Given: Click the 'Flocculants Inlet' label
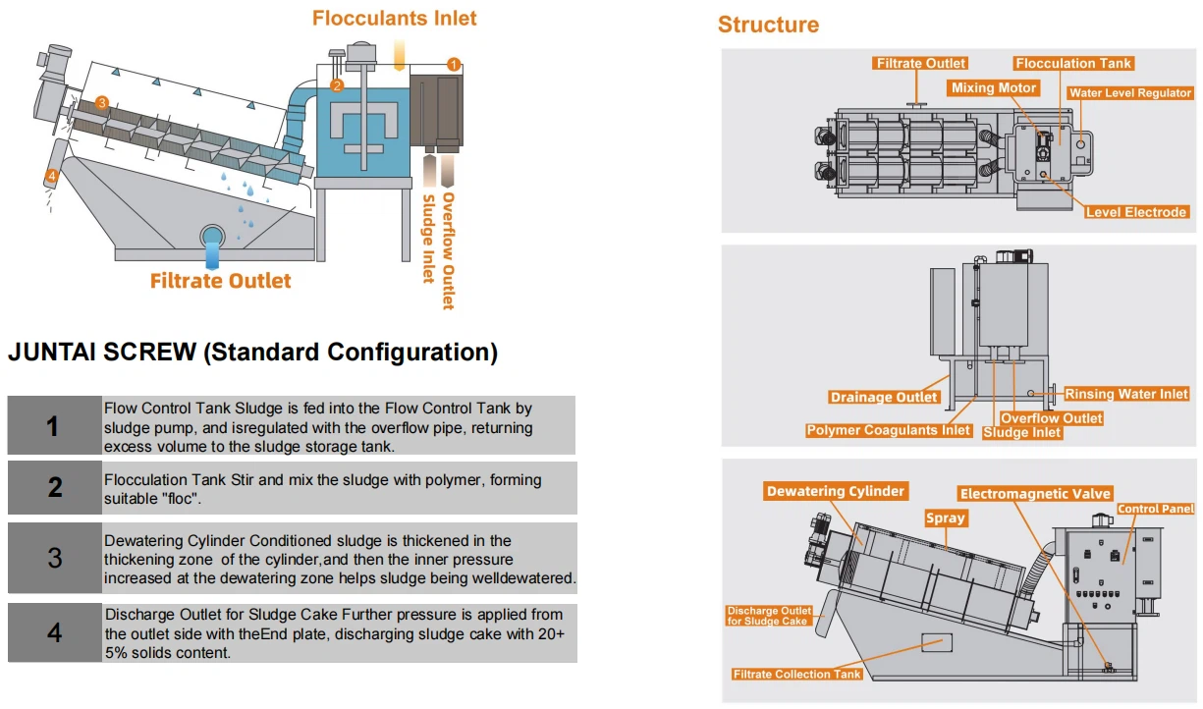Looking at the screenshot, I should coord(394,18).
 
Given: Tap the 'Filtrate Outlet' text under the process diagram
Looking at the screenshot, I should coord(220,281).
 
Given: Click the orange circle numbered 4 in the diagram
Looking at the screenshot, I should coord(51,177).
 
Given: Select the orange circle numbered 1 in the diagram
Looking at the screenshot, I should coord(453,64).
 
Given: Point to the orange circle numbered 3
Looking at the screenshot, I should coord(101,102).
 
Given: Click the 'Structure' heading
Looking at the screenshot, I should coord(768,25).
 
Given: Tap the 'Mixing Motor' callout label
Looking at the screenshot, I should coord(994,88).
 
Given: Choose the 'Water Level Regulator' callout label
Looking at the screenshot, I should coord(1130,93).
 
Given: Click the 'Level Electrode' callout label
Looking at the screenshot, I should coord(1136,212).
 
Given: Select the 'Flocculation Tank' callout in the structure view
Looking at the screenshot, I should coord(1073,64).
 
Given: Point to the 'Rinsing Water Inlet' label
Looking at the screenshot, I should coord(1126,394).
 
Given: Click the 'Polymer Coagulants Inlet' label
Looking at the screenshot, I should coord(889,430).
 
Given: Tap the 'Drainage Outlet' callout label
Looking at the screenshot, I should coord(884,398).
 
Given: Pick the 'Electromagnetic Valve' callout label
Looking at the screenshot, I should coord(1035,494).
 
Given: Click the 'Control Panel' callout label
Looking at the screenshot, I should coord(1156,509).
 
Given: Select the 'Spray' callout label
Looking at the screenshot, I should coord(946,518).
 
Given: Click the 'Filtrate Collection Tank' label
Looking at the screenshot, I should coord(797,675).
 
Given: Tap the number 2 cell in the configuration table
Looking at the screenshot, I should coord(55,487).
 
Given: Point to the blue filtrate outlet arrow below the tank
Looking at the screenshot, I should coord(212,254).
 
